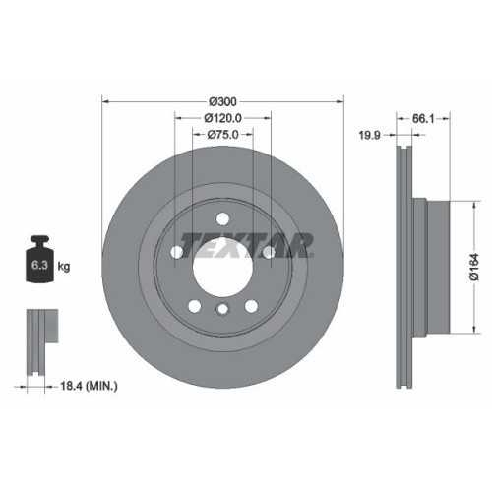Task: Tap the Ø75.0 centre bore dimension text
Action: point(223,135)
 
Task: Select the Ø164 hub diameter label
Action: point(473,267)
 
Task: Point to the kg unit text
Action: point(64,266)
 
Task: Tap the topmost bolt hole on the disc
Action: point(223,218)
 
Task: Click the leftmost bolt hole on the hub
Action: point(177,252)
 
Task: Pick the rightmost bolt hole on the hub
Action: point(269,252)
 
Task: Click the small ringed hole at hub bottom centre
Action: point(223,312)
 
